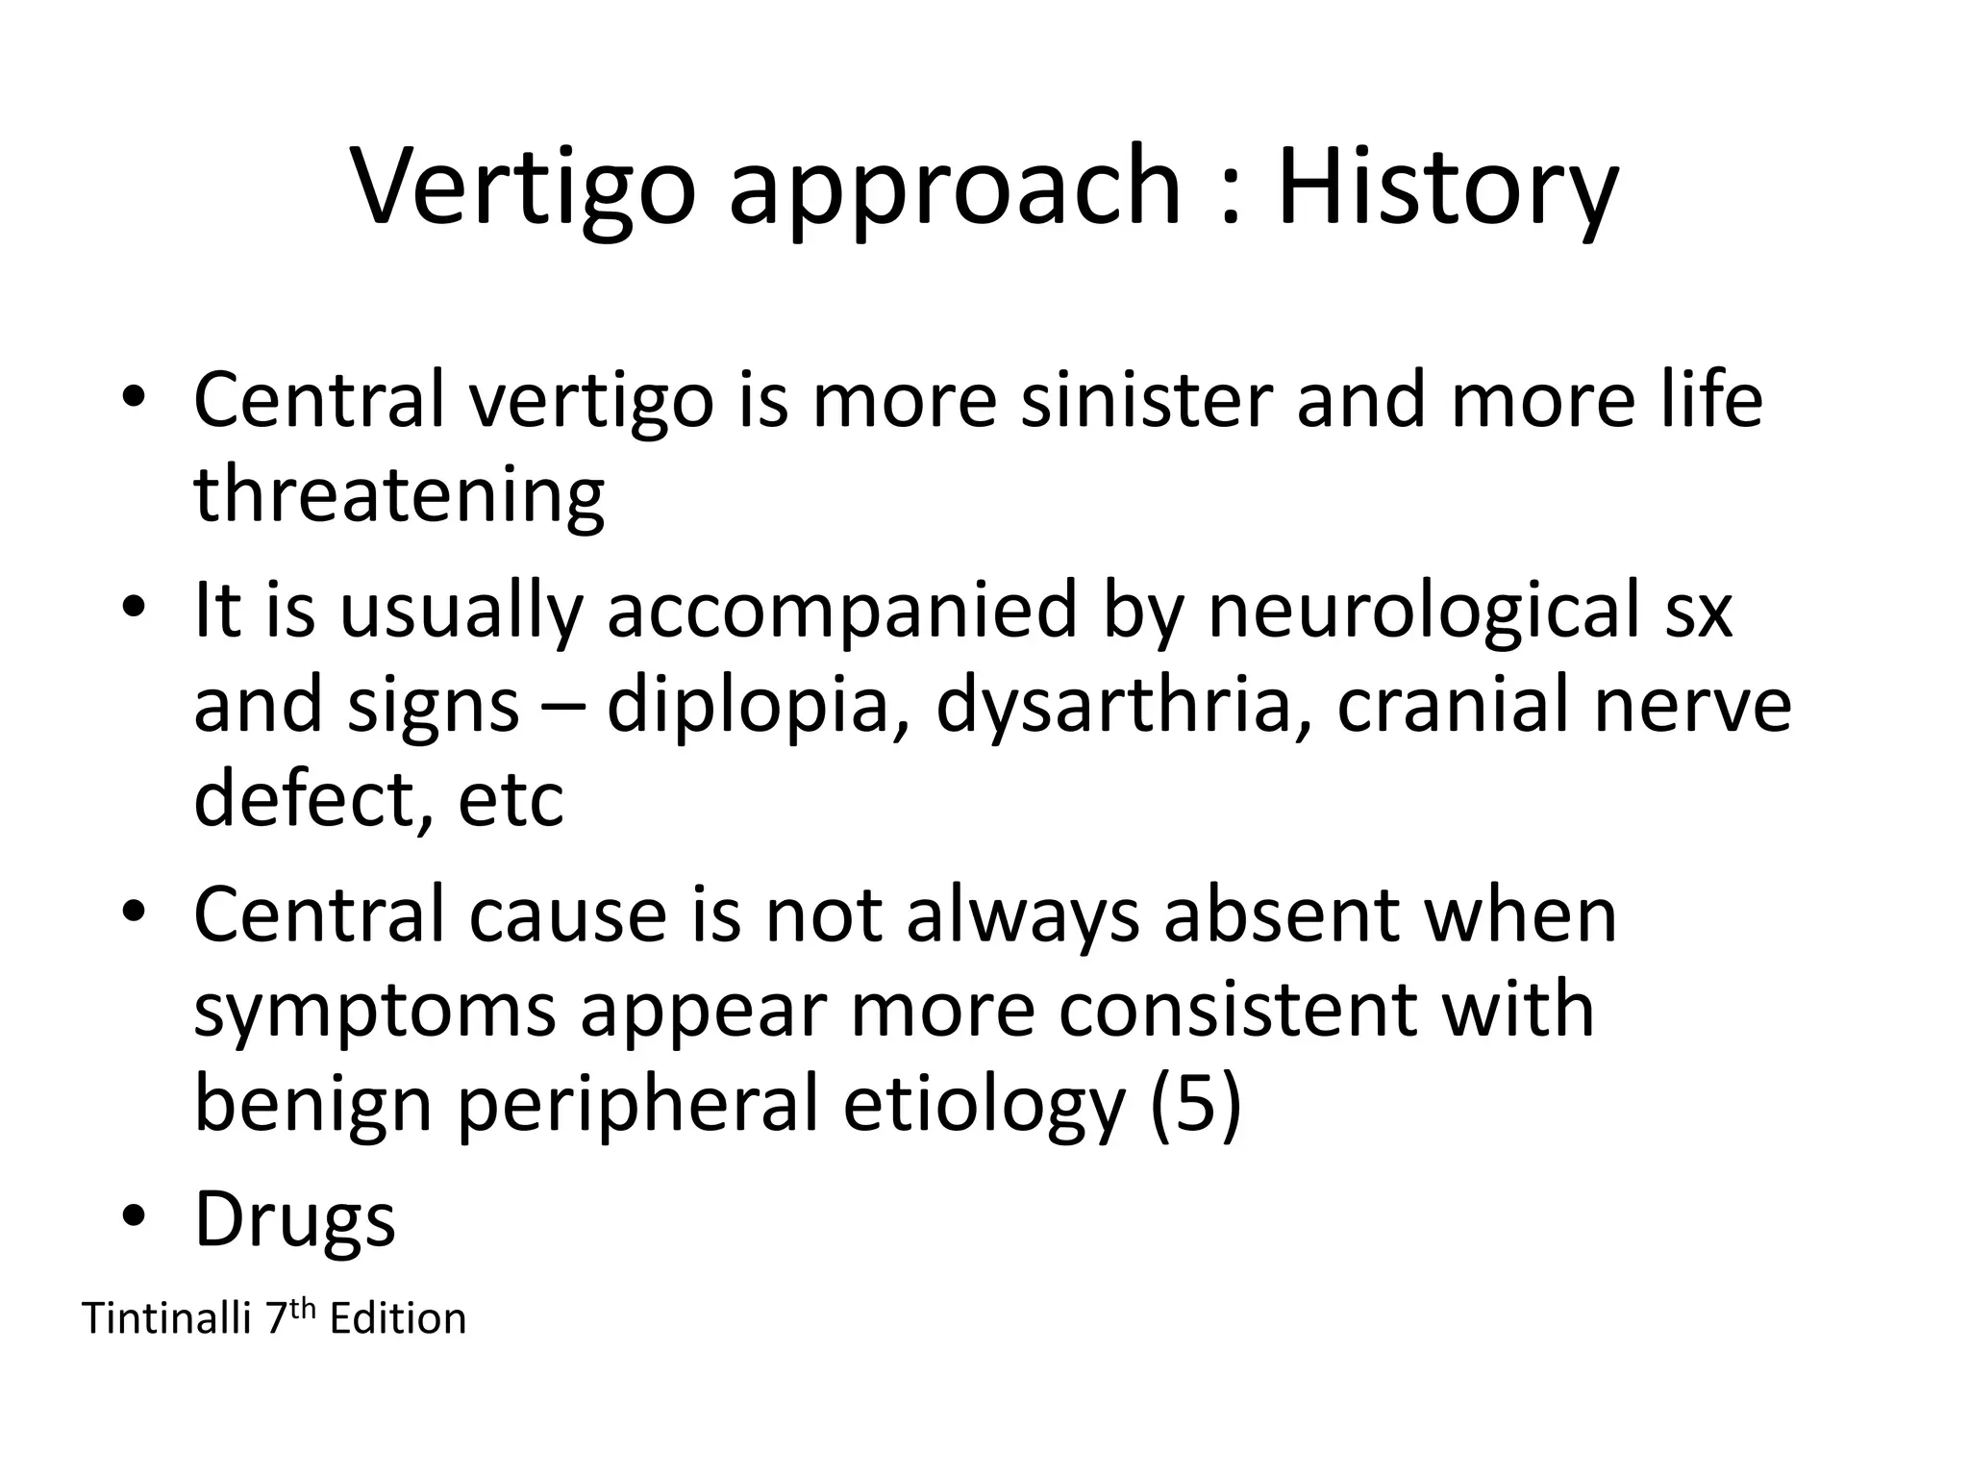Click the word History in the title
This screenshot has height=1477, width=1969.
(x=1447, y=188)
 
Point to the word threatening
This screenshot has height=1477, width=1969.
(x=399, y=496)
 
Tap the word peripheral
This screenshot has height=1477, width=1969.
(x=636, y=1106)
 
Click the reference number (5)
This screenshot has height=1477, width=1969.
(x=1195, y=1106)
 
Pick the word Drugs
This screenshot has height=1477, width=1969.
(x=295, y=1219)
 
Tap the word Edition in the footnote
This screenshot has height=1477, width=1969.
(x=397, y=1318)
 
